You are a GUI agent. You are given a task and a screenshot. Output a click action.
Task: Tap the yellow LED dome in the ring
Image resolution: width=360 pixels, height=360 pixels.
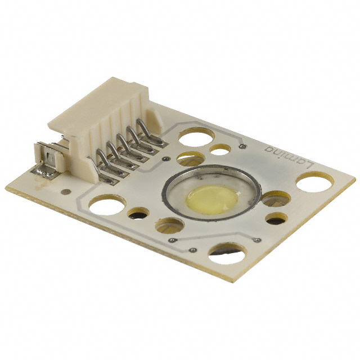211,199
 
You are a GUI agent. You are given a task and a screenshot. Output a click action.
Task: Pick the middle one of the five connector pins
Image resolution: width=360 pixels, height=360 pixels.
129,148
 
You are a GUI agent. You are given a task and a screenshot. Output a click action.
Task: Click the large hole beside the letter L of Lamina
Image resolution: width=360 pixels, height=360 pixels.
314,182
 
